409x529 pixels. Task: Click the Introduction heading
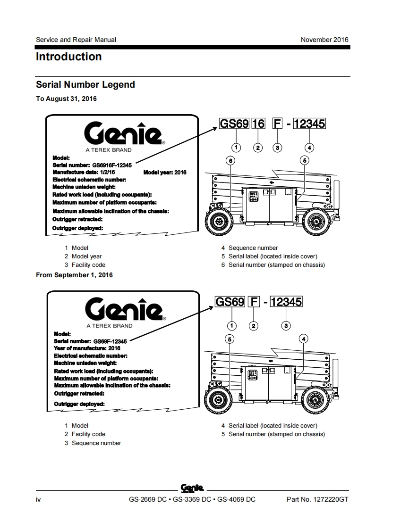coord(69,57)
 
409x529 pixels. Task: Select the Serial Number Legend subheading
coord(85,85)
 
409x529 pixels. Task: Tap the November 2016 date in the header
coord(324,40)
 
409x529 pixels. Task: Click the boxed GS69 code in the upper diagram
coord(234,124)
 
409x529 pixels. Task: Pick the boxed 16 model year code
coord(258,124)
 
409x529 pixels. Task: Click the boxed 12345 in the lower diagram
coord(286,301)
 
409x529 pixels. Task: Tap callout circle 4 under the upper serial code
coord(309,148)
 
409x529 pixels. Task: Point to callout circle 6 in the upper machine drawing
coord(230,161)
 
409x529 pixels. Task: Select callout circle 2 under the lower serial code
coord(254,325)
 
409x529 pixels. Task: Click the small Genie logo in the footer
coord(192,488)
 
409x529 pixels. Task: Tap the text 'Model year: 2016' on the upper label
coord(165,173)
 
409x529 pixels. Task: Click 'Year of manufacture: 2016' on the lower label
coord(87,348)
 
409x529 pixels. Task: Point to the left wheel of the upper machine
coord(219,221)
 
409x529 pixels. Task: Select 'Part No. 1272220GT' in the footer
coord(317,499)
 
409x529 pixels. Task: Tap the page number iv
coord(38,499)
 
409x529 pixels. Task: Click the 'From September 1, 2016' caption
coord(75,275)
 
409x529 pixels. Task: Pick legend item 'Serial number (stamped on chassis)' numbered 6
coord(276,265)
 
